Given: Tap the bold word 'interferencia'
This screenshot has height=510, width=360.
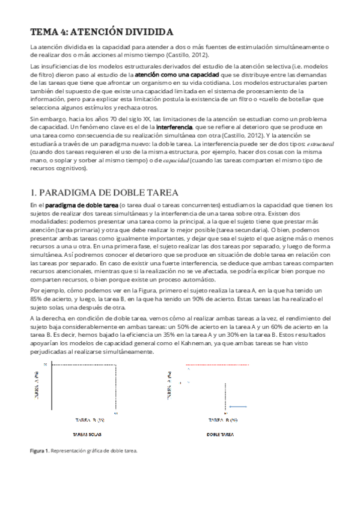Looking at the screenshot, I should [174, 128].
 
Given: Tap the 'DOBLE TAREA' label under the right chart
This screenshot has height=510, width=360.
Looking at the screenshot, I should [221, 433].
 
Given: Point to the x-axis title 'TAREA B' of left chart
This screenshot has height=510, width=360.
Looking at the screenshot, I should [90, 419].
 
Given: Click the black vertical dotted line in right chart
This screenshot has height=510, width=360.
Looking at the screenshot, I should [224, 389].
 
